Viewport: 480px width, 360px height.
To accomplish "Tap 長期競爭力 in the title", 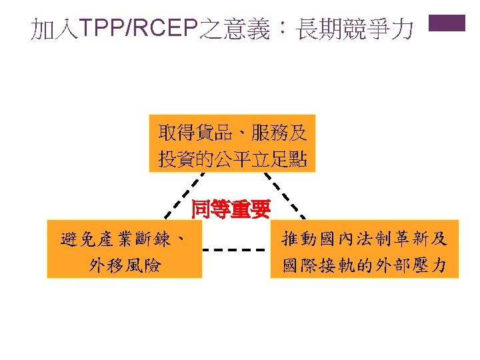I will [355, 29].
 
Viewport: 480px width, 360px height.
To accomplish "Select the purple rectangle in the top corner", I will [446, 24].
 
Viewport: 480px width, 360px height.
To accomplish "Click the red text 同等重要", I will [231, 210].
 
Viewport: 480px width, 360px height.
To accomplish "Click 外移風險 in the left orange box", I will [125, 265].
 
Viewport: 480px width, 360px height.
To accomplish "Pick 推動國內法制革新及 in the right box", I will [365, 238].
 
